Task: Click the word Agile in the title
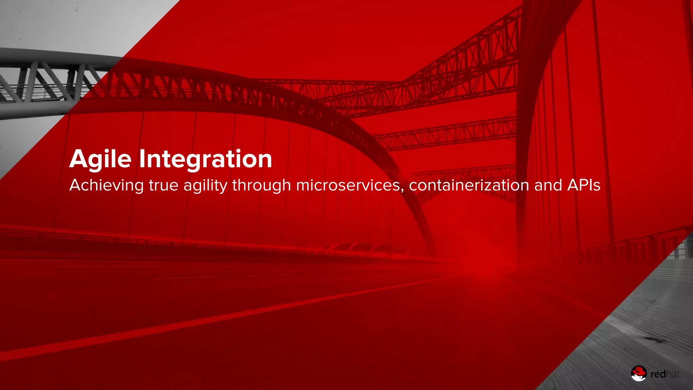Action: point(100,159)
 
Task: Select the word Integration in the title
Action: point(205,159)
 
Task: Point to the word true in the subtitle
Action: point(163,186)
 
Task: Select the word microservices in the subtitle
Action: point(348,186)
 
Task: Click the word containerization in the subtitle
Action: point(469,186)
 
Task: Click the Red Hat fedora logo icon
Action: point(639,373)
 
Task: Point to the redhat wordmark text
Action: point(665,374)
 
